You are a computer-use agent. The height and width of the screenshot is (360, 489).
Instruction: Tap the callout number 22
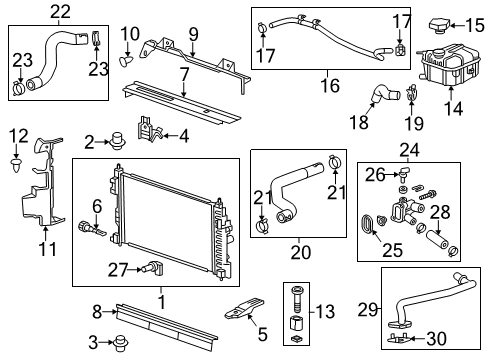point(61,11)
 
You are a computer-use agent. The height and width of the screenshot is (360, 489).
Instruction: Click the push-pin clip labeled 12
point(18,157)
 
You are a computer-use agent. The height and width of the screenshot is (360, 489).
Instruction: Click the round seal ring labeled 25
point(368,224)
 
